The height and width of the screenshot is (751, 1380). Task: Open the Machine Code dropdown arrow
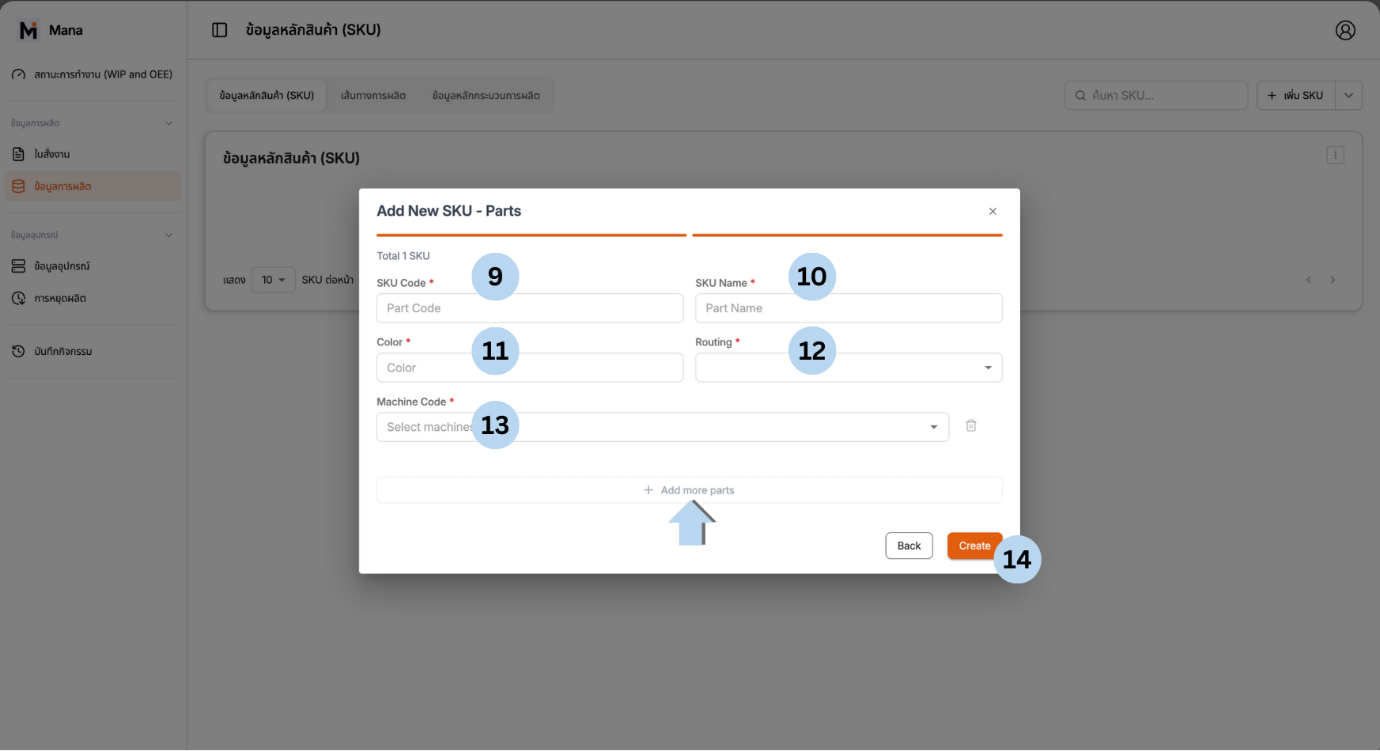[x=934, y=427]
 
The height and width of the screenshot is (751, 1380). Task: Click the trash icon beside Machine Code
[x=971, y=426]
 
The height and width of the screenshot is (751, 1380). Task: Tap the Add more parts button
[x=689, y=490]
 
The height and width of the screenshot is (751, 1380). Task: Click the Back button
[x=909, y=545]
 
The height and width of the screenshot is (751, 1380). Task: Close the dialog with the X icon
[x=992, y=211]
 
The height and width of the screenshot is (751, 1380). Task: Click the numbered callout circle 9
[x=495, y=277]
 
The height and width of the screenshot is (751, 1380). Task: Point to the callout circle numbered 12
[x=812, y=350]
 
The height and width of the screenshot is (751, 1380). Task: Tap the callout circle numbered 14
[x=1017, y=560]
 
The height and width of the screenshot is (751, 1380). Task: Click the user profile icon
[x=1345, y=30]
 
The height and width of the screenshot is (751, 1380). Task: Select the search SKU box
[x=1155, y=96]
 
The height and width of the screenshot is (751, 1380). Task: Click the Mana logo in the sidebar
[x=28, y=30]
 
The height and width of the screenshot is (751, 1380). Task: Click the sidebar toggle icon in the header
[x=220, y=30]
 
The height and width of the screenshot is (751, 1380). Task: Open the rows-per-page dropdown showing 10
[x=273, y=280]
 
